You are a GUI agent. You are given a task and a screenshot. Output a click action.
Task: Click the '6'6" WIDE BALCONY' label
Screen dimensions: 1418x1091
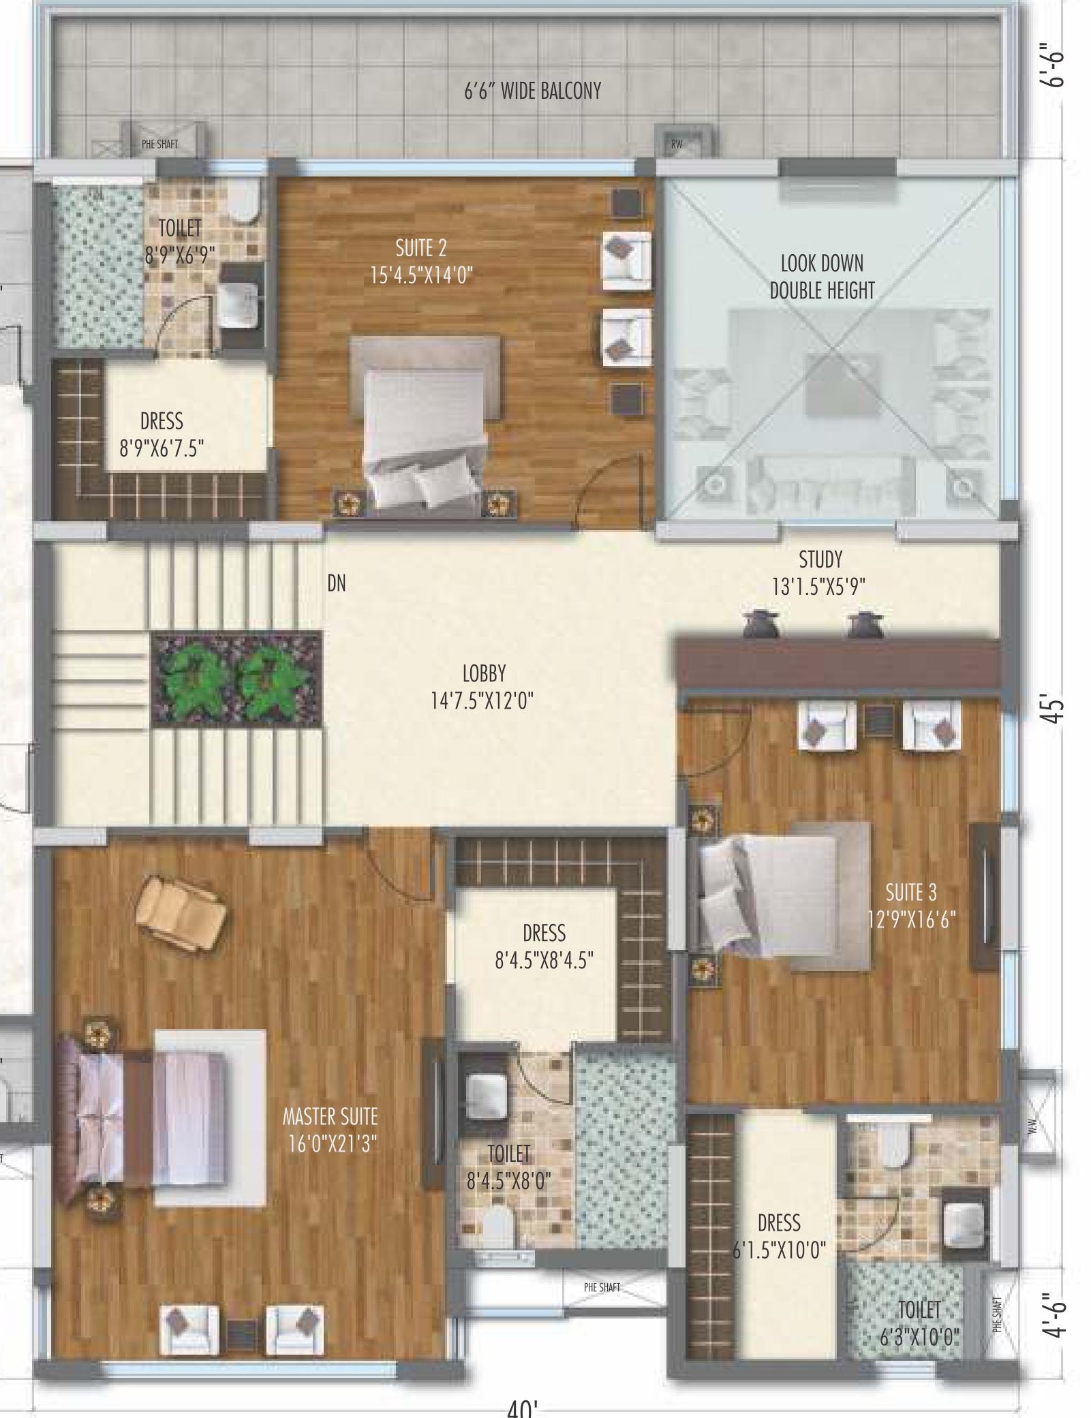[x=532, y=91]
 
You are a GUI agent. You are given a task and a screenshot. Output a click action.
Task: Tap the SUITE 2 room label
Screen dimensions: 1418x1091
[x=421, y=248]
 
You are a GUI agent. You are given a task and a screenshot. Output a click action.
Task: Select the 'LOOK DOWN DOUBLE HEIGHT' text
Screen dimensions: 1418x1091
[x=822, y=277]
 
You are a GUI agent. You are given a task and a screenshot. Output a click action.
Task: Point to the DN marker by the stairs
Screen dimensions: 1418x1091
[x=337, y=583]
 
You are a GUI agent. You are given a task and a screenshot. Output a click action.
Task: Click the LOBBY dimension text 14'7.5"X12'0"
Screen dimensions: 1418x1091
[x=482, y=700]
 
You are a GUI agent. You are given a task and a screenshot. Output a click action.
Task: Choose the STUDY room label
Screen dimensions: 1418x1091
[x=820, y=559]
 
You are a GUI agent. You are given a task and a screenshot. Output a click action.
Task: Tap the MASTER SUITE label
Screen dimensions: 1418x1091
[x=330, y=1116]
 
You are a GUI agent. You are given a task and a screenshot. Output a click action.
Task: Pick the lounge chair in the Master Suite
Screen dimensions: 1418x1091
[x=181, y=912]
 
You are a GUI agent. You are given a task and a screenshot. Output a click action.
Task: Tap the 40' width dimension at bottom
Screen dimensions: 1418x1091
[x=523, y=1408]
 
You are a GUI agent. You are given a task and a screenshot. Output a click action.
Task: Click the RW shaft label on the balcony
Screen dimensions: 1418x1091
[x=677, y=144]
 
